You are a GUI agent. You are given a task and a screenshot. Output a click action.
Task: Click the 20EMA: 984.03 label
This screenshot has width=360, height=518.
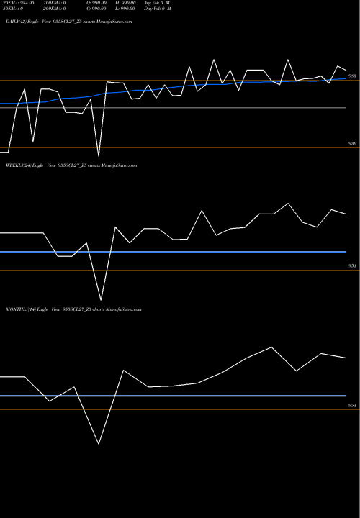tap(19, 4)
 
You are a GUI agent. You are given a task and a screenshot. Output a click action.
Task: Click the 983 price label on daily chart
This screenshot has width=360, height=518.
tap(352, 76)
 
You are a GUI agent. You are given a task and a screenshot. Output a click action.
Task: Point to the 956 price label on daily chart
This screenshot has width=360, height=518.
tap(352, 144)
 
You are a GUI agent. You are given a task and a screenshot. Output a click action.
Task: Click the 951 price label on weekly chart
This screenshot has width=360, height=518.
tap(352, 266)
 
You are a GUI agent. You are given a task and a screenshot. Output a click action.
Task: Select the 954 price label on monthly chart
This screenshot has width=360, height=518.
tap(352, 406)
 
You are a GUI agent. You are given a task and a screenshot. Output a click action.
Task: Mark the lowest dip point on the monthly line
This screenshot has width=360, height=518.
tap(99, 443)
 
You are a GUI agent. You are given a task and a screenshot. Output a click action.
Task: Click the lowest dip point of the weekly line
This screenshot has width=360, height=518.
tap(101, 299)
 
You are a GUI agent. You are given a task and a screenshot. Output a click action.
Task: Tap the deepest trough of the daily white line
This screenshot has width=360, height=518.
tap(99, 156)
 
